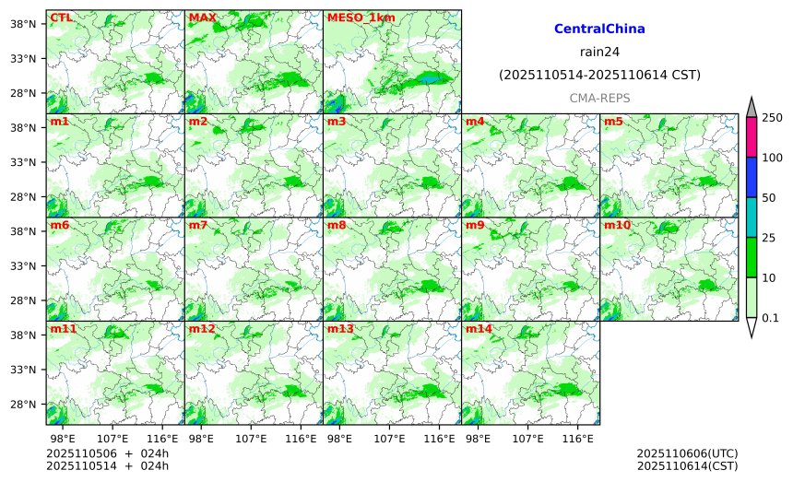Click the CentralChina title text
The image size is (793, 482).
[599, 29]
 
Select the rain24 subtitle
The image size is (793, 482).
[599, 52]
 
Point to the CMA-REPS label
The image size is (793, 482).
[599, 98]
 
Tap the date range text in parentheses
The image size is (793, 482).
[599, 75]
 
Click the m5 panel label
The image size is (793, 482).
[613, 122]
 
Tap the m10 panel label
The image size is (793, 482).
[617, 225]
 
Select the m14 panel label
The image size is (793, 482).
[479, 328]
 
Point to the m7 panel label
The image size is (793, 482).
[198, 225]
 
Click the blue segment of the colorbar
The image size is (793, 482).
[751, 177]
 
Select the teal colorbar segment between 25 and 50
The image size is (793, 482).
[751, 217]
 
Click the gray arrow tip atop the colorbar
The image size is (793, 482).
[751, 107]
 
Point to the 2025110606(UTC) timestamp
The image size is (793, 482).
[687, 454]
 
